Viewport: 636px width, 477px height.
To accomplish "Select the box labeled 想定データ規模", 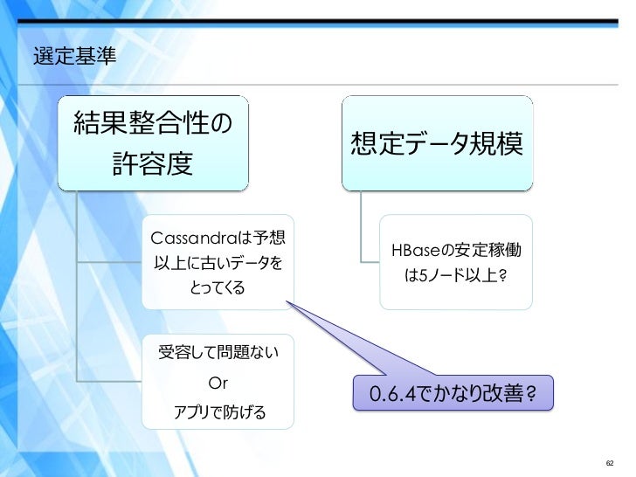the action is [436, 143].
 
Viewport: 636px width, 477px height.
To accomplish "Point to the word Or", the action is [218, 384].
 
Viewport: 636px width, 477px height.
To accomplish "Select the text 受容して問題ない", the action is [218, 355].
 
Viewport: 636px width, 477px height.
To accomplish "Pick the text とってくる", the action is [218, 287].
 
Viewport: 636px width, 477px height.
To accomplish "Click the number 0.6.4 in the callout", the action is [389, 396].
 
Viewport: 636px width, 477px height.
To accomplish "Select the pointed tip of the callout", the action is [287, 304].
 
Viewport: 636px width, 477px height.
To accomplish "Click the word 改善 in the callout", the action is [502, 396].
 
